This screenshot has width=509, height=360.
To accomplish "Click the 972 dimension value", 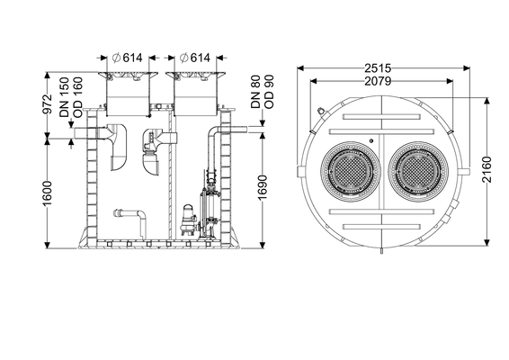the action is click(x=48, y=104).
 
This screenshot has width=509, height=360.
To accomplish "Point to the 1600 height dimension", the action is click(x=48, y=193).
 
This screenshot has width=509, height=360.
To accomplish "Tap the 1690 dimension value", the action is click(x=263, y=187).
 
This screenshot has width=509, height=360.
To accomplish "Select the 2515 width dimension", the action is click(x=378, y=68).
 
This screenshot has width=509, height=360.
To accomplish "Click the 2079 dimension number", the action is click(x=378, y=81).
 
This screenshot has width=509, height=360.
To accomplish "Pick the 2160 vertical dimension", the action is click(x=487, y=169).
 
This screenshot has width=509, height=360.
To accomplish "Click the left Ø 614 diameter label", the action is click(x=128, y=58).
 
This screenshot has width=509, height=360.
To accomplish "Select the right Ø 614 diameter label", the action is click(x=195, y=58).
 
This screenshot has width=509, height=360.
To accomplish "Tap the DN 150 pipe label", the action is click(x=64, y=97).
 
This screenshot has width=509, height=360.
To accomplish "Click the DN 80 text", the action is click(x=255, y=92).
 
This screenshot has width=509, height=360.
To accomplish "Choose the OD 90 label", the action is click(x=269, y=92).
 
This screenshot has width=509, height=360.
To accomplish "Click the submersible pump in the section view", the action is click(x=188, y=220).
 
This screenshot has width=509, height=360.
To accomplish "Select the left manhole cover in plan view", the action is click(x=351, y=171).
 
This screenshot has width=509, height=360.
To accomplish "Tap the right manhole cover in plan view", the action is click(x=418, y=171).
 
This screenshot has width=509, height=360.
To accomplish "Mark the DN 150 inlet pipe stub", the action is click(x=85, y=133).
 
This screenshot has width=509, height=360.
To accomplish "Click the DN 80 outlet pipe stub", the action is click(x=238, y=130).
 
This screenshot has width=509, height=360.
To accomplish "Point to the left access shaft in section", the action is click(x=128, y=94).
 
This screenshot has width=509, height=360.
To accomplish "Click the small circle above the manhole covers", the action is click(x=371, y=140).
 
